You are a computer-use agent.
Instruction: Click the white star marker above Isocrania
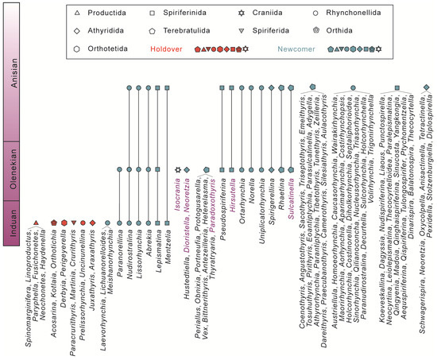(x=178, y=168)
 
